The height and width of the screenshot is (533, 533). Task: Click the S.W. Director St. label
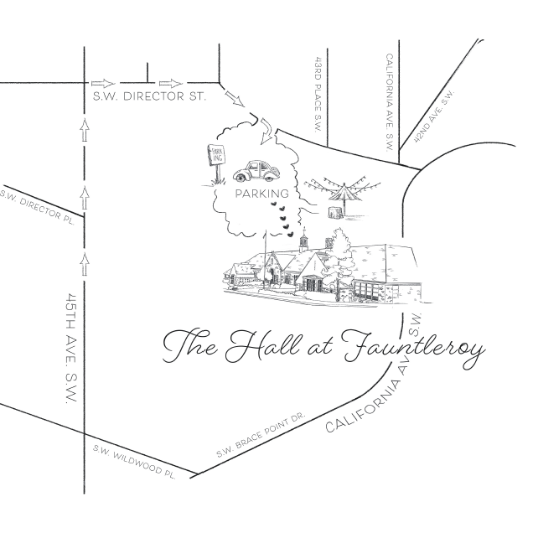[149, 96]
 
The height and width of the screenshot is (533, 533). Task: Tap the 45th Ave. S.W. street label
[71, 349]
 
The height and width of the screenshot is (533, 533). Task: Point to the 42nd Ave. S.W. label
[433, 116]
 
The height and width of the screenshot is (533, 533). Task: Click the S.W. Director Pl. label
[37, 207]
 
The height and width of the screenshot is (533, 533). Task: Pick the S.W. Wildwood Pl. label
[135, 462]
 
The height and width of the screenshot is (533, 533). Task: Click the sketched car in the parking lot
[256, 171]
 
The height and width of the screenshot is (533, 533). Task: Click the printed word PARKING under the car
[262, 194]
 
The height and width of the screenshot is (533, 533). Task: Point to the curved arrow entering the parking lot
[266, 132]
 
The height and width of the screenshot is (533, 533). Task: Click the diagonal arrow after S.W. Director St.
[234, 99]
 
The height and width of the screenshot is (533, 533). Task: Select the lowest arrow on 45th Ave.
[85, 264]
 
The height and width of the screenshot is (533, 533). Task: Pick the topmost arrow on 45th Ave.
[85, 129]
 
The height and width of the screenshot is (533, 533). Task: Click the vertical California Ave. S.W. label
[390, 102]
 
